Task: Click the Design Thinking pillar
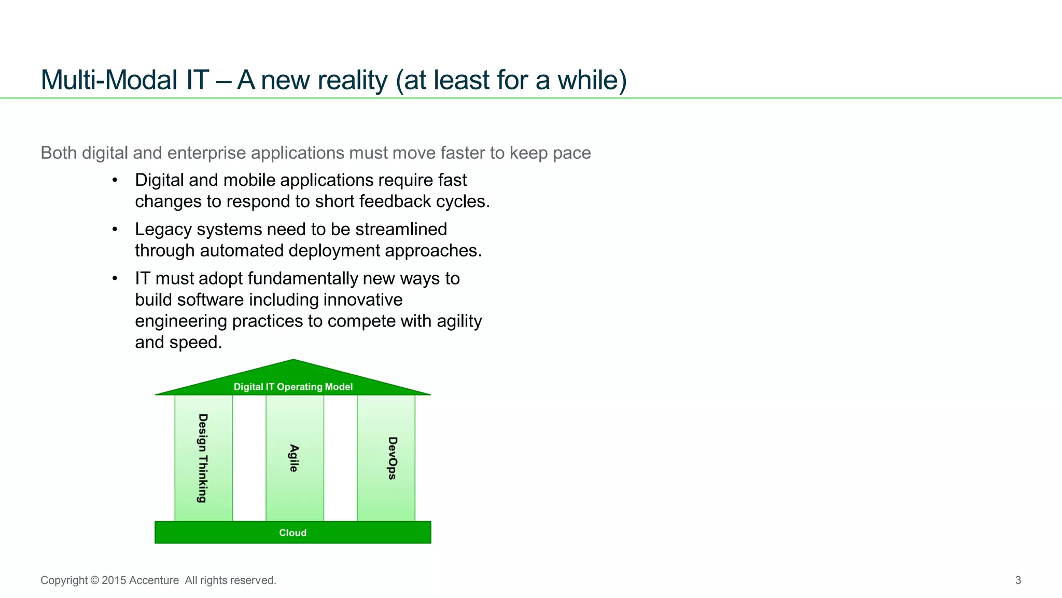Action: (203, 458)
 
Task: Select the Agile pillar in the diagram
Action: (295, 458)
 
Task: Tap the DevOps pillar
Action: (386, 458)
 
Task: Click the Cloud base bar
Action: (293, 533)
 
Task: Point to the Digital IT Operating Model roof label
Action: (293, 387)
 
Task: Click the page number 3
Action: (1018, 580)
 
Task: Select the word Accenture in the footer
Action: (154, 580)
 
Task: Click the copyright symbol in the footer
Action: (94, 580)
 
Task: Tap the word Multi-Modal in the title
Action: (109, 80)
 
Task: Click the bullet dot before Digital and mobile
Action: (115, 180)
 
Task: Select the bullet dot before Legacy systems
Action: (115, 229)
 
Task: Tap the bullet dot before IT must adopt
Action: (115, 279)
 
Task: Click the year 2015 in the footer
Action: (114, 580)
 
